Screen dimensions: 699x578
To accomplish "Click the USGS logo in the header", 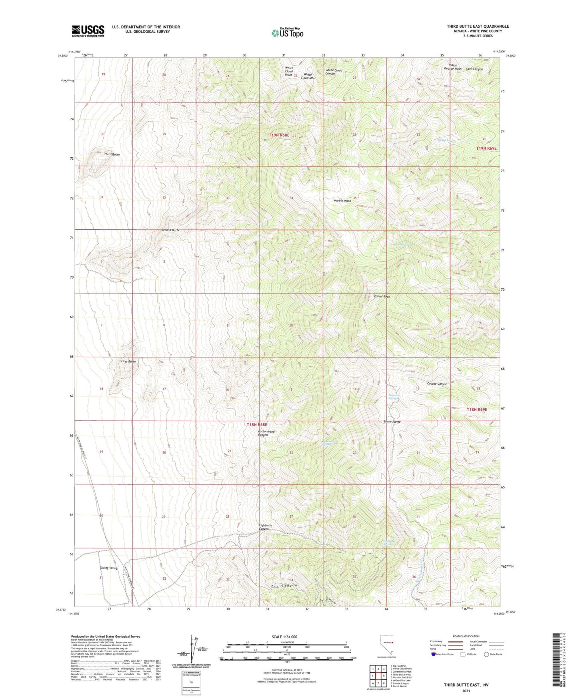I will [x=88, y=31].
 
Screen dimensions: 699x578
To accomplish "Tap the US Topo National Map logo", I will [x=287, y=33].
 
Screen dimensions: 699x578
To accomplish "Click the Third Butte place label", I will [x=112, y=154].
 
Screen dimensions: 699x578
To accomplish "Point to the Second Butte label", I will [x=170, y=230].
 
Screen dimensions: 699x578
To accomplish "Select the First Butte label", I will [x=128, y=361].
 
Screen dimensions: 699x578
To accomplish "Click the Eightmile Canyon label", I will [x=265, y=527].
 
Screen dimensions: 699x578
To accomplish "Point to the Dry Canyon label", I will [x=284, y=586].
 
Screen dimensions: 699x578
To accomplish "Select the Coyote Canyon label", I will [x=437, y=384].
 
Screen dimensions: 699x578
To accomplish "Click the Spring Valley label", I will [x=108, y=568].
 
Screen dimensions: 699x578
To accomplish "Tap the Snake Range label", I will [x=392, y=422].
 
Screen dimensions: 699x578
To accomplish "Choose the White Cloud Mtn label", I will [x=308, y=76].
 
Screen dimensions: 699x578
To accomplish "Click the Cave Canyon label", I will [x=474, y=69].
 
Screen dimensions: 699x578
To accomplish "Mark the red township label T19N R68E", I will [x=279, y=135].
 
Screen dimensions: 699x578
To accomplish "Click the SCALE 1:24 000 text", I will [x=284, y=637].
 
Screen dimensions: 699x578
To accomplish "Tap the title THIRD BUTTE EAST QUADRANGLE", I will [x=478, y=26].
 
